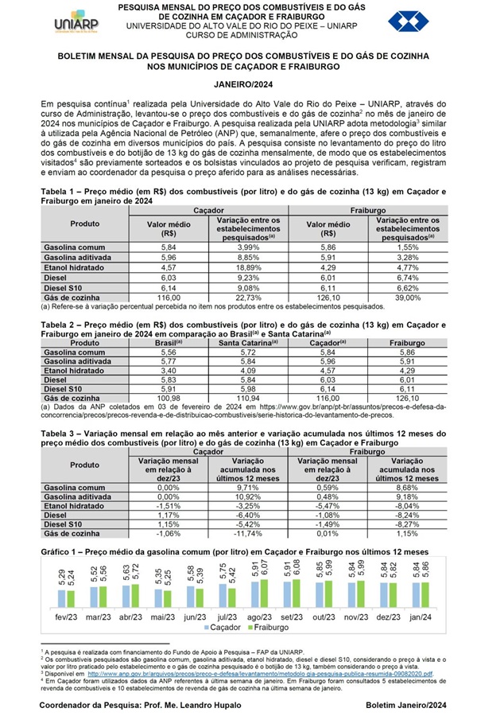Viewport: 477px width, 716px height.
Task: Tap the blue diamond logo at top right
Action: [x=407, y=21]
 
